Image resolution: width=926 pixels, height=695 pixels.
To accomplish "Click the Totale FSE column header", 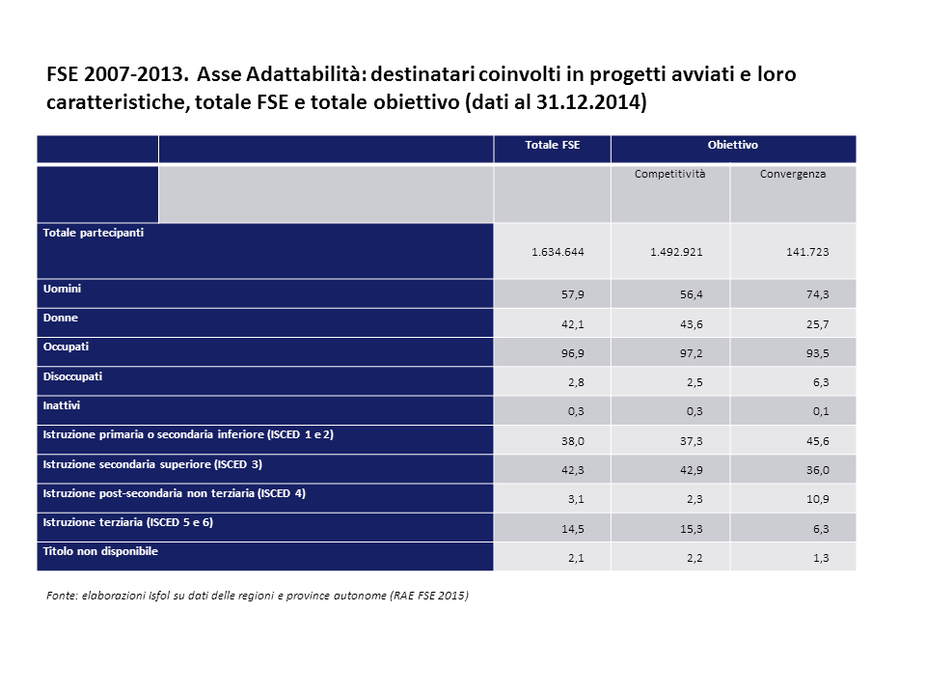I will coord(552,145).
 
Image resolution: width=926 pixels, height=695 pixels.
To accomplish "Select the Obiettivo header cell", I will coord(732,145).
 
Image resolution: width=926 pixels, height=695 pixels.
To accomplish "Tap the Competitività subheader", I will coord(669,175).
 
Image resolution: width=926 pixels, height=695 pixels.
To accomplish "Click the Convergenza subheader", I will coord(792,175).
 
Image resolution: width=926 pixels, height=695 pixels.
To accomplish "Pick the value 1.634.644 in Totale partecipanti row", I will coord(558,252).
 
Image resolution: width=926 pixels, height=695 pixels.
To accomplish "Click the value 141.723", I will coord(807,252).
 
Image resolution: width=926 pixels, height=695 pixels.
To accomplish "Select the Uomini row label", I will coord(62,289).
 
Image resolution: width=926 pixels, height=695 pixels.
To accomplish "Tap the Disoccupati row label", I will coord(72,376).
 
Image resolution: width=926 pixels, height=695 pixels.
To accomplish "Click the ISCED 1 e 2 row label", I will coord(188,435).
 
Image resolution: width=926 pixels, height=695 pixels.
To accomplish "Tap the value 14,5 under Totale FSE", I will coord(571,529).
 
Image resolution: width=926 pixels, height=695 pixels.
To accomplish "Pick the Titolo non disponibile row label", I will coord(100,551).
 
